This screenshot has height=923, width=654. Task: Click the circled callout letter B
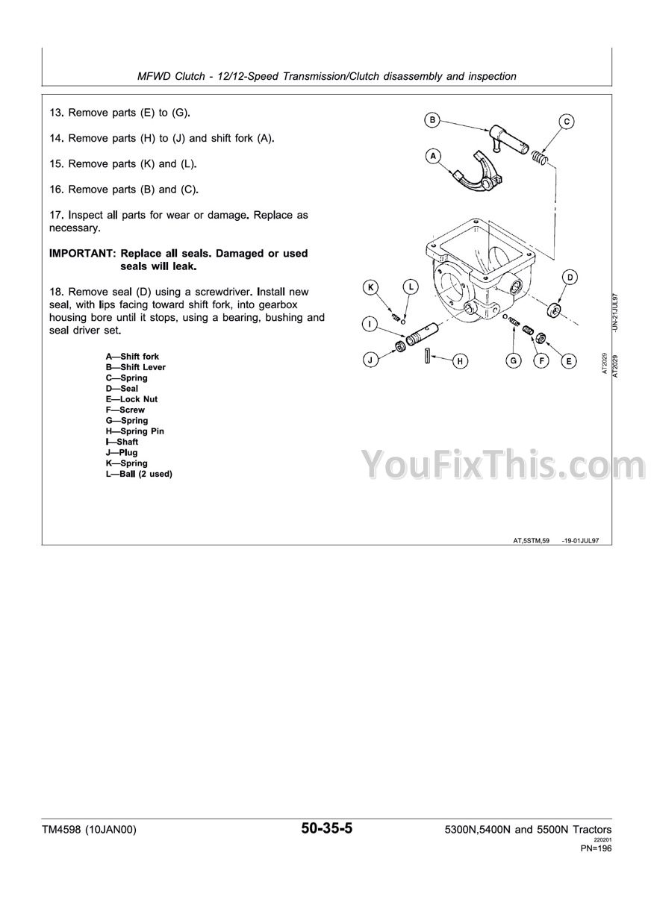pos(432,119)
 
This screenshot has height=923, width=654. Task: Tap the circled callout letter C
pos(567,121)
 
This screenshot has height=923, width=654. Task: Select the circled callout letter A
pos(432,156)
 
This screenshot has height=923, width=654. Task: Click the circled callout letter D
pos(570,278)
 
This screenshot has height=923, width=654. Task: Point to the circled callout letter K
pos(371,287)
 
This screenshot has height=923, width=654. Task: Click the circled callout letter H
pos(461,361)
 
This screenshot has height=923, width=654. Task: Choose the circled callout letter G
pos(514,361)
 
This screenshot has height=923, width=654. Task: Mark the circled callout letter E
pos(568,361)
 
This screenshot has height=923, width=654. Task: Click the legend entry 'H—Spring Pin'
pos(135,431)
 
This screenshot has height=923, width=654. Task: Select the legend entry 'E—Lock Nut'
pos(132,399)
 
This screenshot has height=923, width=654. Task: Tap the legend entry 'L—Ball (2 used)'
pos(139,474)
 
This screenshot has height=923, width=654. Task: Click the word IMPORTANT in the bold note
pos(80,254)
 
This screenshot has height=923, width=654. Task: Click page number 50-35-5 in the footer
pos(326,828)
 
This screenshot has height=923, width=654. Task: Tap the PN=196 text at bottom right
pos(596,848)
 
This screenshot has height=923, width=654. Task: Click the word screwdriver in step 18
pos(197,292)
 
